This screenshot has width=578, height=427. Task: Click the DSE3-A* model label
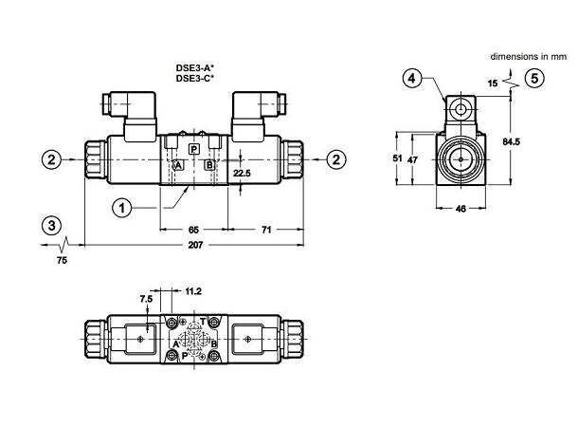194,68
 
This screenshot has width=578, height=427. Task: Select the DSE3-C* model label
194,79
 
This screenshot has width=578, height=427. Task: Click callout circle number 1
121,205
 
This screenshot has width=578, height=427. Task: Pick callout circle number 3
52,225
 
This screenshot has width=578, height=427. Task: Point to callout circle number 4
412,79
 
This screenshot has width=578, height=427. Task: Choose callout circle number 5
536,79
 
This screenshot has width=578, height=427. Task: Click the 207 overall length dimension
196,246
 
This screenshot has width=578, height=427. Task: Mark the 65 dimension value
193,230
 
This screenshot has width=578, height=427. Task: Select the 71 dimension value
267,230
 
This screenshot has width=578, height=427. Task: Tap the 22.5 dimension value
244,174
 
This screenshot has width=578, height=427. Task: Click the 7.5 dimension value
145,298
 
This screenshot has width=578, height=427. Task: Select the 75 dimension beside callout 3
63,258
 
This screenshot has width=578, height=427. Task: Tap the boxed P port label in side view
194,150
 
